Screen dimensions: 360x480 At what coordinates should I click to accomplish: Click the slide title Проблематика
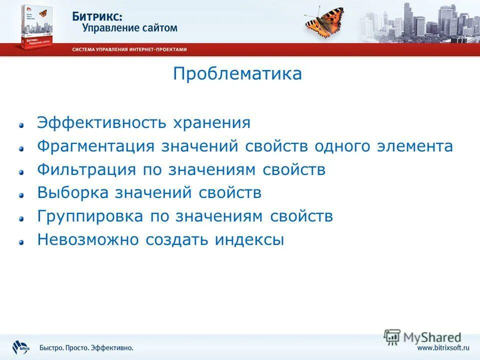point(237,74)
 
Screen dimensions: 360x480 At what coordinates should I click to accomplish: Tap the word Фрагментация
point(96,146)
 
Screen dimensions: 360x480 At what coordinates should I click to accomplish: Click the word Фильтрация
point(86,169)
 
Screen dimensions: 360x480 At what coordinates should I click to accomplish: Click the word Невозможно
point(87,240)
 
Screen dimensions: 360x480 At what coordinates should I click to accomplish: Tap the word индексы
point(249,240)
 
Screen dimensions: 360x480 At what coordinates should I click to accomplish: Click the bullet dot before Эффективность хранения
point(21,125)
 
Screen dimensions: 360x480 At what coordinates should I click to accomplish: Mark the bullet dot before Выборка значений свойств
point(21,195)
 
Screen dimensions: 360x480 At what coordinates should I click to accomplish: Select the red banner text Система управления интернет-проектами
point(129,49)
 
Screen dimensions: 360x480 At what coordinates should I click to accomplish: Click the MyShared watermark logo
point(422,337)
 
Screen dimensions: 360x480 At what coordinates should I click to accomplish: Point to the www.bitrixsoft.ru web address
point(443,347)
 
